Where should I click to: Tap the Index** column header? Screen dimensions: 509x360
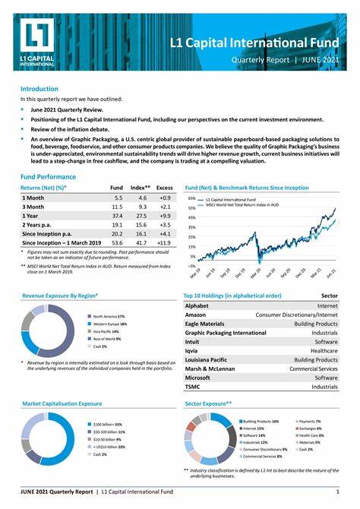140,186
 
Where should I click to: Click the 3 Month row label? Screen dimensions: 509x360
35,206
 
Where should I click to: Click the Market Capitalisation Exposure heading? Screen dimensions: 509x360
62,404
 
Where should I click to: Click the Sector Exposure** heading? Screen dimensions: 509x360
208,405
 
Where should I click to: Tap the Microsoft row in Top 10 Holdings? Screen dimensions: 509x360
197,377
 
